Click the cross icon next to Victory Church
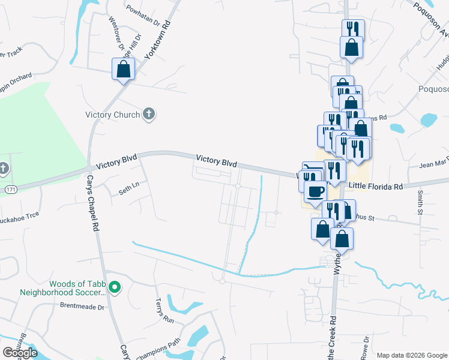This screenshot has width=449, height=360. coord(149,114)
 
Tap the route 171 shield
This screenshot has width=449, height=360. coord(11,189)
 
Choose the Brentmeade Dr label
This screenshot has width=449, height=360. coord(82,306)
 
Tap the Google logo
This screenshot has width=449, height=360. coord(20,353)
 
